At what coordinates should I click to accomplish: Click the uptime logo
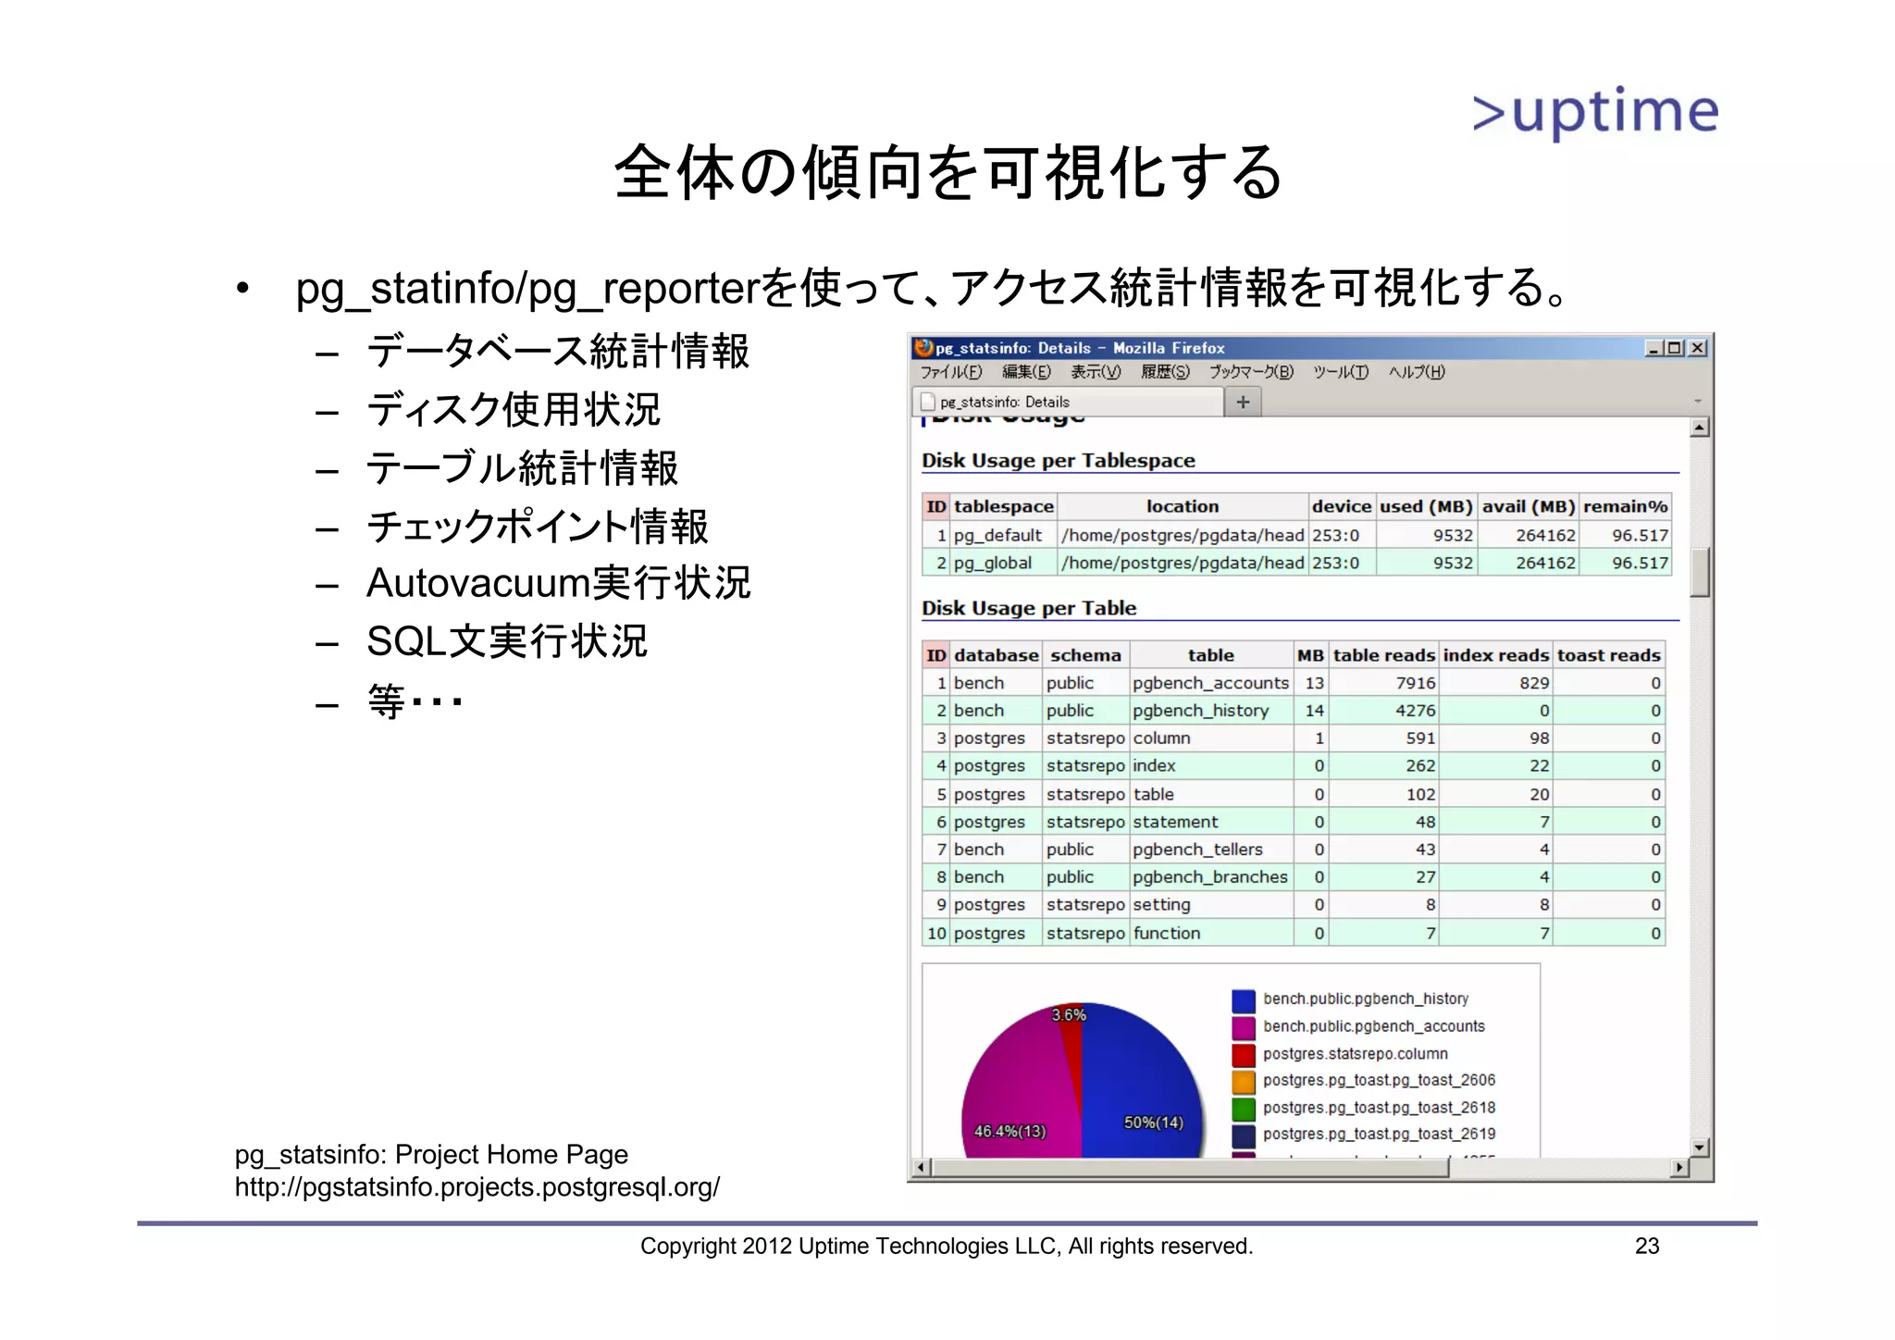[1594, 112]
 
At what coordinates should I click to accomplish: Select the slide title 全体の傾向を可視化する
[947, 173]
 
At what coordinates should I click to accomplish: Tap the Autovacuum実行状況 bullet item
[558, 584]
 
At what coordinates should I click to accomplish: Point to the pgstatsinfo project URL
[477, 1187]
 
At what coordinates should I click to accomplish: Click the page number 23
[1646, 1247]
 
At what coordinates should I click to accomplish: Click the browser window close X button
[1697, 348]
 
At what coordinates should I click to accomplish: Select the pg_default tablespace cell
[997, 535]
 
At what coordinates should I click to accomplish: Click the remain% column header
[1625, 506]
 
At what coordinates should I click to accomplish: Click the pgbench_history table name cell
[1200, 711]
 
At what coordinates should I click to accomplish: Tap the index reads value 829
[1533, 683]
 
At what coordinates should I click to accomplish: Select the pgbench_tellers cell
[1197, 850]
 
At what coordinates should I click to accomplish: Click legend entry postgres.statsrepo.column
[1355, 1054]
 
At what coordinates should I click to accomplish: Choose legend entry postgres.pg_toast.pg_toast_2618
[1378, 1108]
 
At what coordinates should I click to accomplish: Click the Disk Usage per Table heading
[1029, 608]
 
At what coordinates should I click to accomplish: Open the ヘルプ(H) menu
[1416, 372]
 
